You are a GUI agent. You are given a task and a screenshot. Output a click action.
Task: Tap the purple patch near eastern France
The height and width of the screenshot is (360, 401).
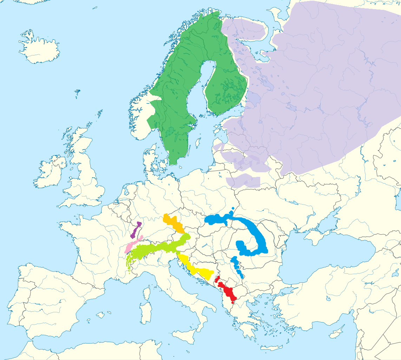tap(136, 230)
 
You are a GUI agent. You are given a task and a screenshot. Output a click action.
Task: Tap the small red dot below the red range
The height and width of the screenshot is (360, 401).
tap(233, 302)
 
